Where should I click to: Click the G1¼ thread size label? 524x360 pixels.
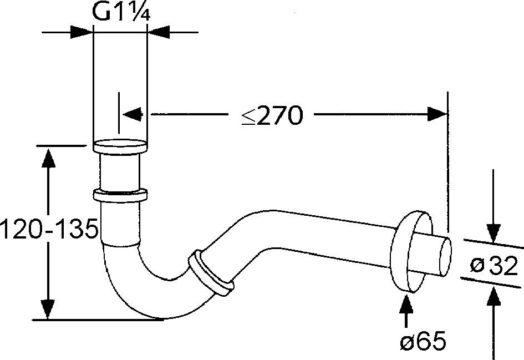(121, 13)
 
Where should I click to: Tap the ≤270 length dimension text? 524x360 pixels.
(272, 115)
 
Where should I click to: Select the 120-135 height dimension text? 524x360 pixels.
(49, 229)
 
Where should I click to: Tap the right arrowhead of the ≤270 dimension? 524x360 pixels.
(437, 114)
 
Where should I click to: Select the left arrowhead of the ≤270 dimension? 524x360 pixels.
(133, 114)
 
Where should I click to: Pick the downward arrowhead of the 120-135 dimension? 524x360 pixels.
(48, 309)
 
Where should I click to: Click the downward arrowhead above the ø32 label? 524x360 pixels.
(494, 232)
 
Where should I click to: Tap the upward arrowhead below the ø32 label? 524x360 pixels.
(494, 296)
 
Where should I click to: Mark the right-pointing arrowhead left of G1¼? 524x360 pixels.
(82, 32)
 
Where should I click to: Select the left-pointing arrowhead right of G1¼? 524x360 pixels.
(159, 32)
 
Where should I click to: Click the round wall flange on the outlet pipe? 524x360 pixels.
(411, 252)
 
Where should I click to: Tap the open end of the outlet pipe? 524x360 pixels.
(445, 256)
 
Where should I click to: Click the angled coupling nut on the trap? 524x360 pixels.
(211, 272)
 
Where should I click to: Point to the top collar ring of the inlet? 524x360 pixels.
(120, 146)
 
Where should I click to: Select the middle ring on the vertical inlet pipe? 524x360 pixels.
(120, 196)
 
